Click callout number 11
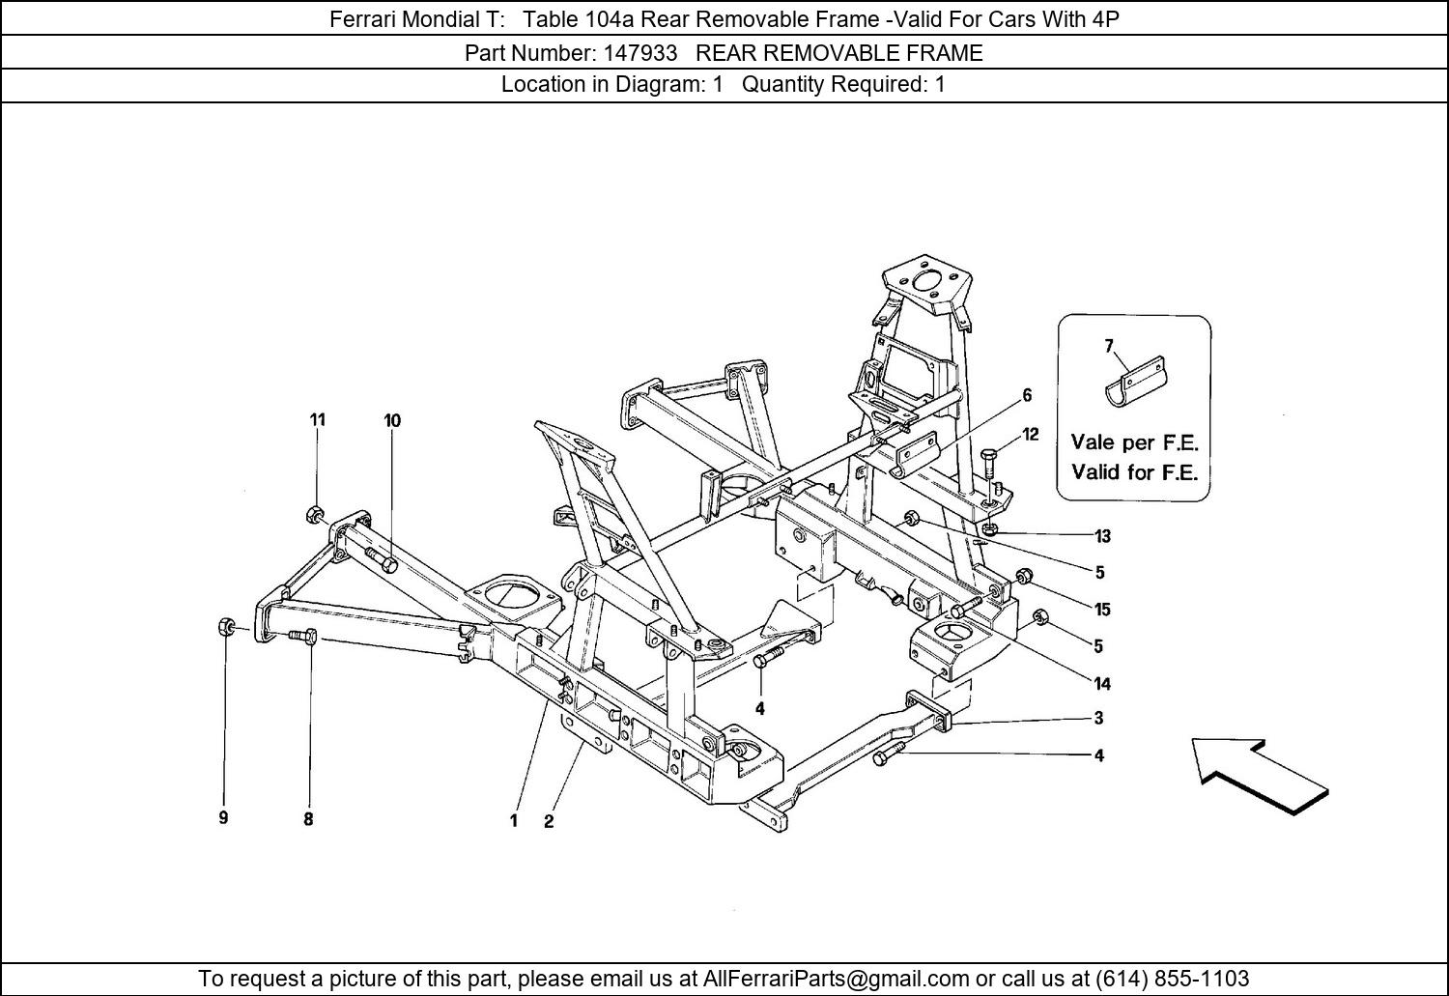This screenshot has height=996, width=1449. pos(317,420)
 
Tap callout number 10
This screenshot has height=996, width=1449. pos(392,421)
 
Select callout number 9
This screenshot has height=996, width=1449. pos(223,818)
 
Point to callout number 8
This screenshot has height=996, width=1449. pos(308,819)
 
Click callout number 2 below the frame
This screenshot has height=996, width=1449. pos(549,821)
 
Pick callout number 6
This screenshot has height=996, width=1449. pos(1027,395)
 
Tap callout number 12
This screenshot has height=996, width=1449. pos(1030,435)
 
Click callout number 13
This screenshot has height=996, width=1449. pos(1102,536)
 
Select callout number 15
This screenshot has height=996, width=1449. pos(1102,610)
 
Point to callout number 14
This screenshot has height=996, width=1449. pos(1102,684)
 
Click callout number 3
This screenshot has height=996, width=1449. pos(1098,718)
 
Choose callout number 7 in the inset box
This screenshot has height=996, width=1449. pos(1109,346)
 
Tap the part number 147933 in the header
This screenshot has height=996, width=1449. pos(640,52)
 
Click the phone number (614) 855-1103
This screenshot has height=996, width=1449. pos(1172,978)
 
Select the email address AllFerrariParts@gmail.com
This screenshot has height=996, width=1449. pos(836,978)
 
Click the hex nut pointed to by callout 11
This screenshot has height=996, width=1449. pos(312,515)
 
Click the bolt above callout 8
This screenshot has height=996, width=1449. pos(302,637)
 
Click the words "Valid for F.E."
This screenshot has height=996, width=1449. pos(1135,472)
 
